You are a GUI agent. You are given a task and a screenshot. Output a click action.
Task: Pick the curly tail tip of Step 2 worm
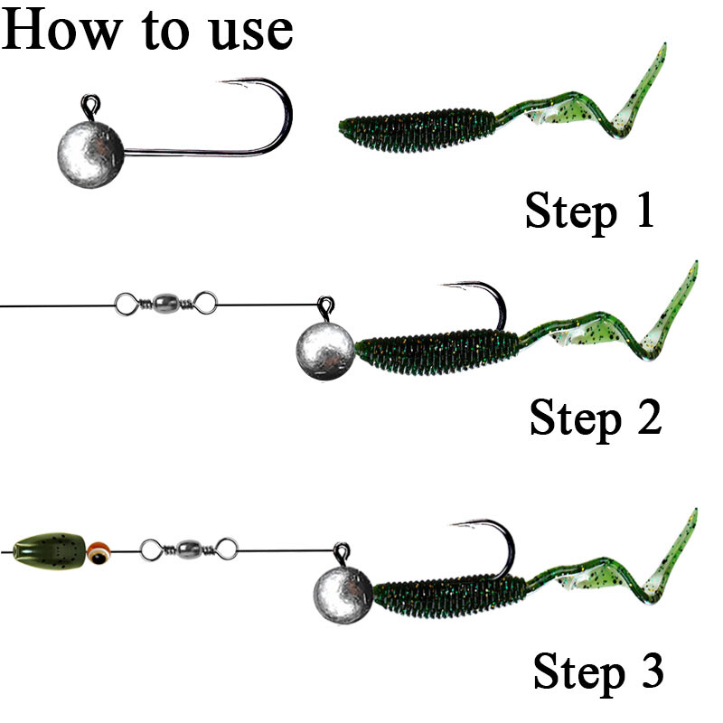point(691,271)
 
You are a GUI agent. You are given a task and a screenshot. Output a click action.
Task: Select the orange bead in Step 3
point(99,549)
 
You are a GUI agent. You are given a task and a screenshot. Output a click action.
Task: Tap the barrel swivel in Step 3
point(188,547)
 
